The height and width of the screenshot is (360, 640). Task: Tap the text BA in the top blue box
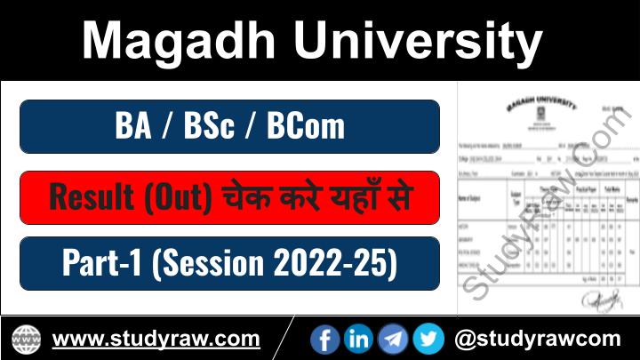pyautogui.click(x=133, y=126)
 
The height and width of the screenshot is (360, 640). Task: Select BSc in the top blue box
pyautogui.click(x=209, y=126)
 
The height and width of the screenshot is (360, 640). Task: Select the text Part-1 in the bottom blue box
pyautogui.click(x=99, y=263)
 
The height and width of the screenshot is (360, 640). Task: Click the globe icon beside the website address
pyautogui.click(x=26, y=339)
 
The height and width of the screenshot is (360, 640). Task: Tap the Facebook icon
pyautogui.click(x=324, y=339)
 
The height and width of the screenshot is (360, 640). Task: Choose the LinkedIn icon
pyautogui.click(x=358, y=339)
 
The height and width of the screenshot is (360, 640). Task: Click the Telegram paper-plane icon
pyautogui.click(x=393, y=339)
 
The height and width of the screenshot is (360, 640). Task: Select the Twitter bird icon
pyautogui.click(x=428, y=339)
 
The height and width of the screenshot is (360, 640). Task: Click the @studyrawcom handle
pyautogui.click(x=537, y=339)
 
